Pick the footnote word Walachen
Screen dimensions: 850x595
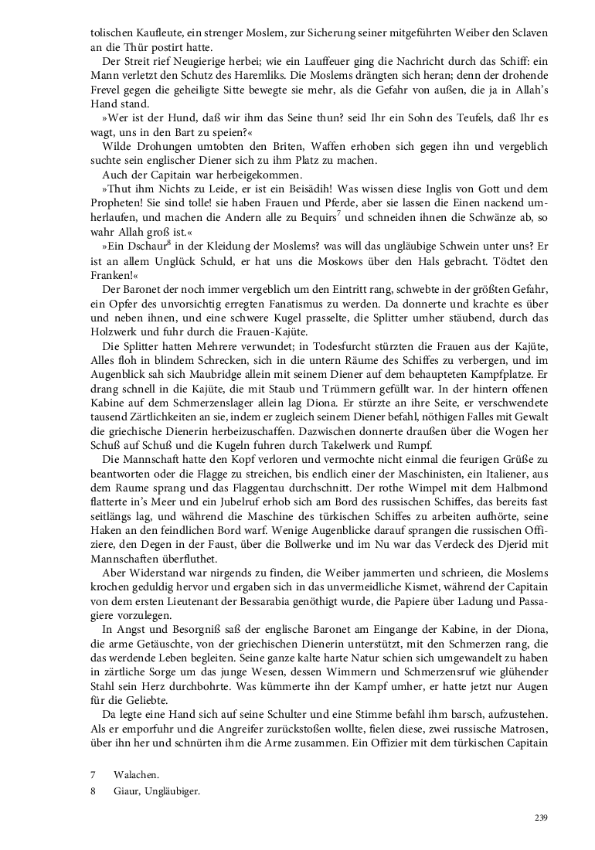134,774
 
